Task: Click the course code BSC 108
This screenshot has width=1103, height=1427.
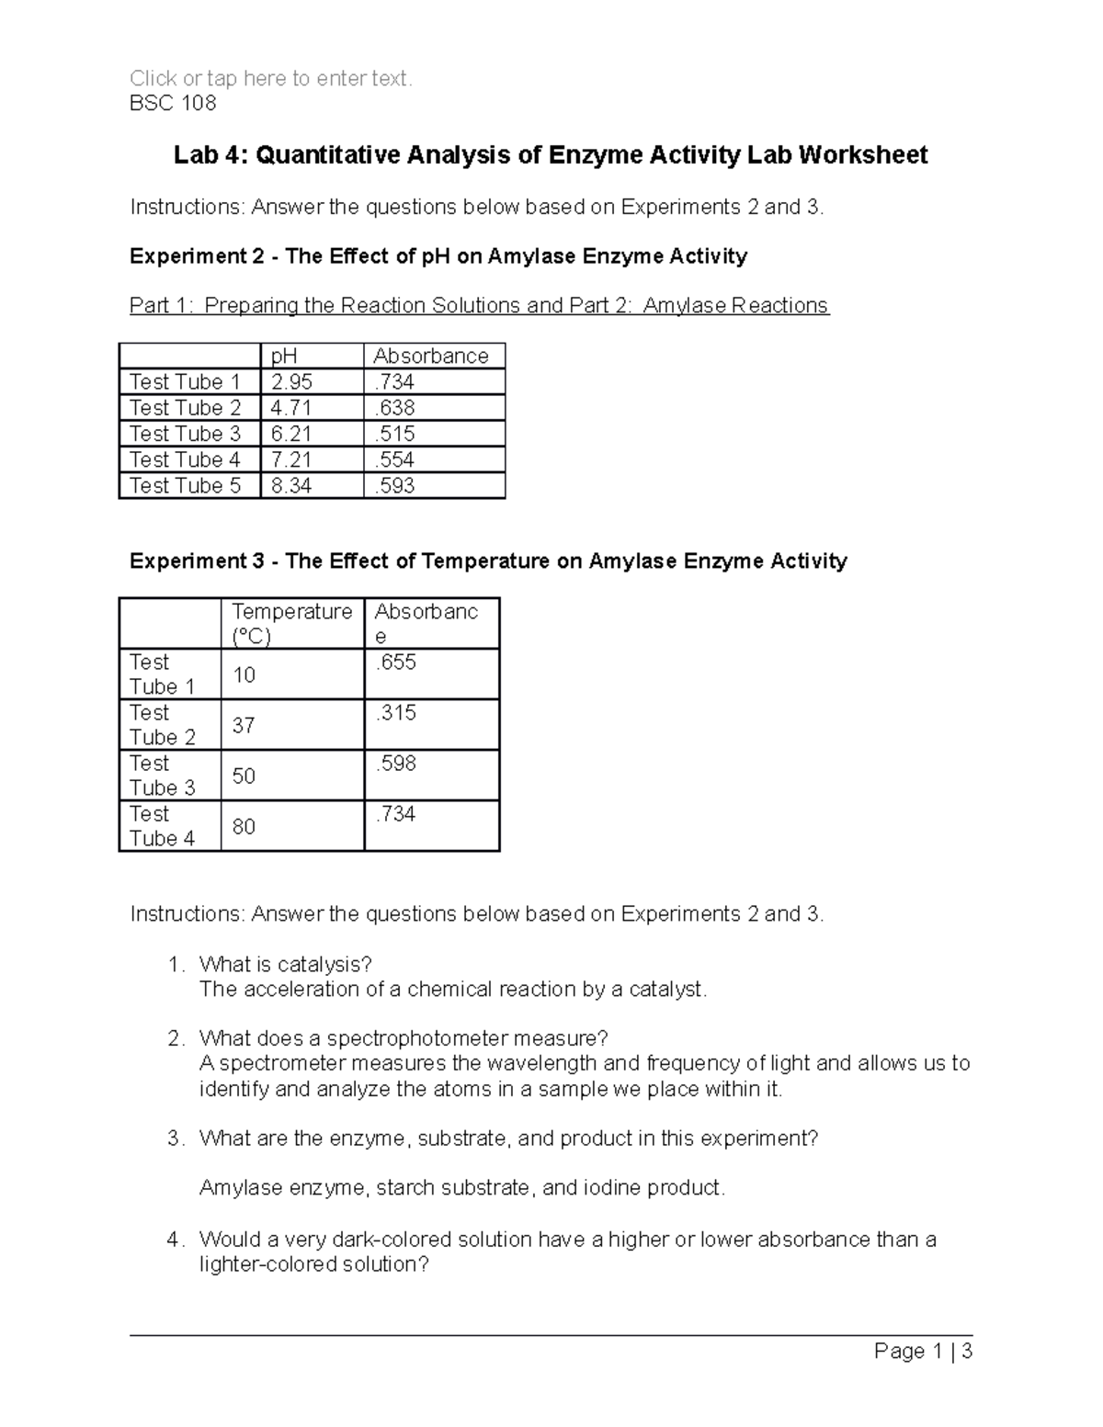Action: click(x=173, y=103)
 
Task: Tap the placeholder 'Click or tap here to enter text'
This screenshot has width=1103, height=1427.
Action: click(x=270, y=79)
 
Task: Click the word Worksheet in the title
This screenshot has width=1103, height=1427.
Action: click(x=862, y=155)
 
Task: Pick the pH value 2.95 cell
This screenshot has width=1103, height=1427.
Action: click(x=291, y=382)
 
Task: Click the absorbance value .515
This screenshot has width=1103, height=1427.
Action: click(x=394, y=434)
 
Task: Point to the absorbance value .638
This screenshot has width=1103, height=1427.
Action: click(x=394, y=408)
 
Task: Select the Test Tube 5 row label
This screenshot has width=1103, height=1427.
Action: click(x=185, y=485)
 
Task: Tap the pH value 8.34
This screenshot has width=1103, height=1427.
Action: click(x=291, y=485)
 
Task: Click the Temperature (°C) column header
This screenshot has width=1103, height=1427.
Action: click(x=291, y=624)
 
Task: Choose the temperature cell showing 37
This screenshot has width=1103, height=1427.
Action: click(x=244, y=726)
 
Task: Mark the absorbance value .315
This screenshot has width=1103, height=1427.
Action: click(x=395, y=713)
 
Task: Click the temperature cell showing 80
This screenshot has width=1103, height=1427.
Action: click(x=244, y=827)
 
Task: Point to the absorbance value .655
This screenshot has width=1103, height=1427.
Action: click(x=395, y=663)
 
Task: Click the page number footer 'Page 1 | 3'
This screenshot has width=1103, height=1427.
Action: click(x=923, y=1351)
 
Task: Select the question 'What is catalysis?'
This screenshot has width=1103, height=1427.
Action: click(x=285, y=964)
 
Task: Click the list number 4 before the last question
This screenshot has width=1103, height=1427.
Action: click(x=174, y=1240)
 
